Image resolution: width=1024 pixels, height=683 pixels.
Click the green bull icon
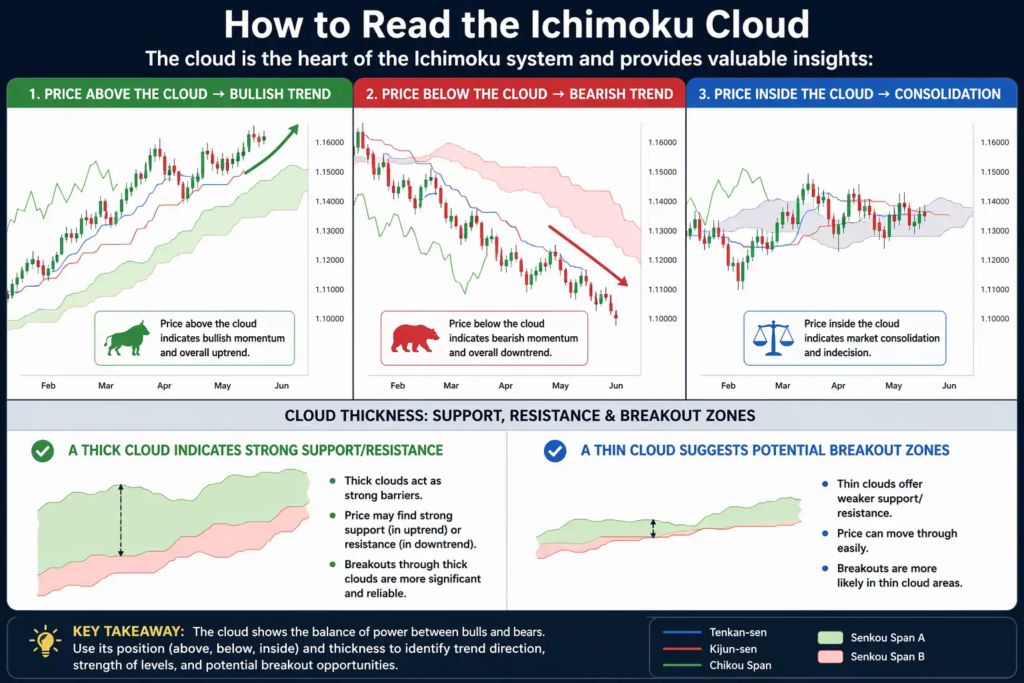point(127,339)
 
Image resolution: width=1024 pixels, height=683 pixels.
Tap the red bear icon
point(414,338)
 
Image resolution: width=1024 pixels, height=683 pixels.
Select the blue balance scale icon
point(773,338)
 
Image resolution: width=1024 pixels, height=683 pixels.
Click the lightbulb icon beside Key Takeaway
point(45,642)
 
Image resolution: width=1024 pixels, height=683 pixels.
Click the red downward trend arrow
point(588,255)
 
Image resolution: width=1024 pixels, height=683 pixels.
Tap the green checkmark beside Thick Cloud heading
point(43,451)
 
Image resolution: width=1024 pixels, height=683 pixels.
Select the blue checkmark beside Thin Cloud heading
point(555,451)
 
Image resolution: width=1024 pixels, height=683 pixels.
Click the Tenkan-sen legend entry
point(737,632)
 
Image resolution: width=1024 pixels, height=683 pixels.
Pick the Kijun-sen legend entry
point(733,649)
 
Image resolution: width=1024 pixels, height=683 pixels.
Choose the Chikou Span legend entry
point(740,665)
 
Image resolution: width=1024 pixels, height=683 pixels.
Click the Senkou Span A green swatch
point(830,638)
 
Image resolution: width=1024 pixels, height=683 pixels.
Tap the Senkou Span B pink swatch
point(830,656)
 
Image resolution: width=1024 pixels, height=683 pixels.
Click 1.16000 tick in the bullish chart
point(329,142)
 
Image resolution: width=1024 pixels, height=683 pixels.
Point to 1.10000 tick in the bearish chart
point(662,319)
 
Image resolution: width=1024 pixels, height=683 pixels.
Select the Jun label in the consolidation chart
point(949,386)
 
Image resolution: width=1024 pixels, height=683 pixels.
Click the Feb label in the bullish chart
point(48,386)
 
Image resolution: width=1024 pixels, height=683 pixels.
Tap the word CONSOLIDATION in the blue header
point(947,94)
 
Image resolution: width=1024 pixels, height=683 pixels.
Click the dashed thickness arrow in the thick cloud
point(121,520)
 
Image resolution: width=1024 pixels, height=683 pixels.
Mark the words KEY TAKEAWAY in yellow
point(128,631)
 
